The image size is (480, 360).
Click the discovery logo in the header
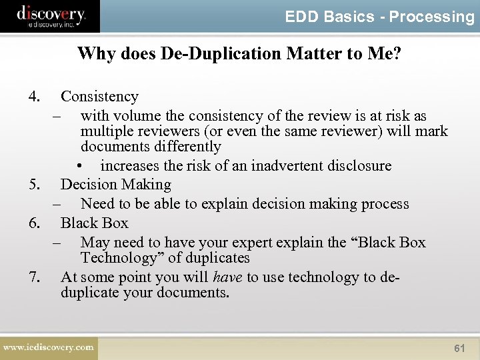tap(51, 15)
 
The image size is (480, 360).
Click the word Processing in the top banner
tap(431, 17)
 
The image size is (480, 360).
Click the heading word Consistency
tap(99, 97)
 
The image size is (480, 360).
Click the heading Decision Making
tap(116, 185)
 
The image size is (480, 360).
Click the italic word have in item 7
tap(227, 277)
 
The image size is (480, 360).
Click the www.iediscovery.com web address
tap(48, 347)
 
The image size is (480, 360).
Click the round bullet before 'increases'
tap(79, 166)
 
